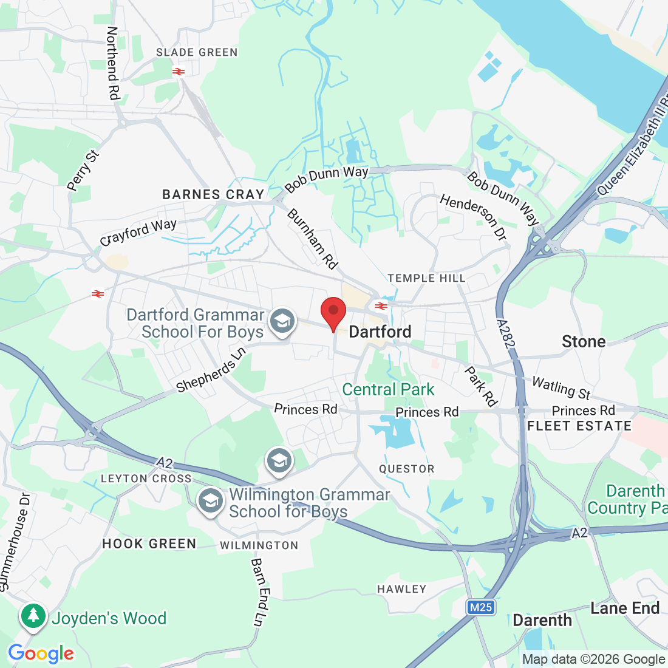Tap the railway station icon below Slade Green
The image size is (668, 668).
coord(178,72)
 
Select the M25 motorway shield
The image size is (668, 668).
coord(481,607)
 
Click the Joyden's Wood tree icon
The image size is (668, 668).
coord(33,616)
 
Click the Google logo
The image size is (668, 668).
coord(41,653)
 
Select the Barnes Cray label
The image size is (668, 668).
coord(213,195)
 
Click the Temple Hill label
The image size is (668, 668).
coord(426,278)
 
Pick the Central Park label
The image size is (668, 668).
coord(389,389)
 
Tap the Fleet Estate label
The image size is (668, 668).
coord(579,426)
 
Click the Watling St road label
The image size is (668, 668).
coord(561,388)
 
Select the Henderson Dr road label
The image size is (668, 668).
coord(473,217)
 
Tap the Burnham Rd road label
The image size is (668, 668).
coord(312,239)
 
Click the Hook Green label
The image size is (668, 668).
coord(149,544)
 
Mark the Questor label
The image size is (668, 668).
coord(407,469)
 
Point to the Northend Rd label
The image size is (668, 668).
coord(113,63)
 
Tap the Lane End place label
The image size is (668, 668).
coord(625,608)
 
